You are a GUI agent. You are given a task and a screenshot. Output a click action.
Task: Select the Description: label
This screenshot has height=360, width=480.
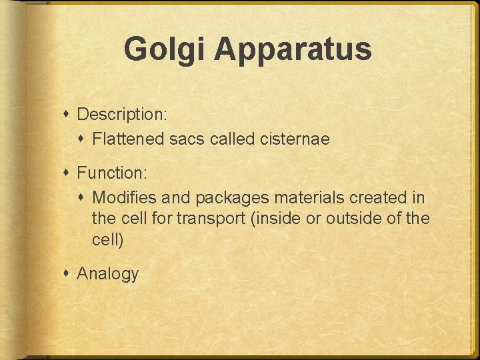coord(122,115)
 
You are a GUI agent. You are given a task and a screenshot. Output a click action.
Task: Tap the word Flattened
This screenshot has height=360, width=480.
coord(127,139)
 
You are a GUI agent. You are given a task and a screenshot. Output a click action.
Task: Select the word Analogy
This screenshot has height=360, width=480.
coord(108,274)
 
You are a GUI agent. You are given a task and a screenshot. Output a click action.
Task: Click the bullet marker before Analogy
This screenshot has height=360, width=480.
coord(68,273)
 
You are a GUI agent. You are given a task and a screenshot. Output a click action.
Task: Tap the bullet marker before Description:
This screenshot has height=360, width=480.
coord(68,114)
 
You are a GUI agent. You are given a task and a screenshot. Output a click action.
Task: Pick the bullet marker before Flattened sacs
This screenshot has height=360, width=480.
coord(83,139)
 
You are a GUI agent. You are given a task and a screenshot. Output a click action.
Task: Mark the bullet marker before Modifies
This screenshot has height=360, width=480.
coord(83,198)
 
